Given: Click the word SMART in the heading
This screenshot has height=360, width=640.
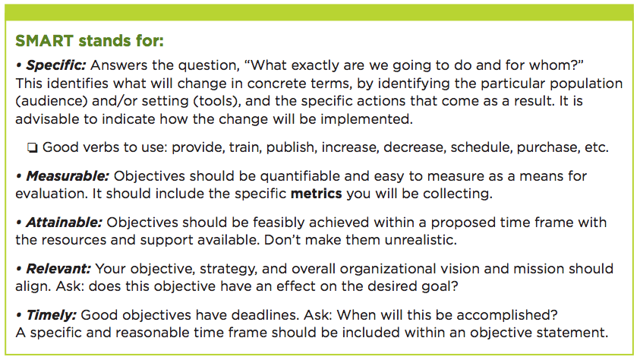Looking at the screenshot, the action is click(45, 41).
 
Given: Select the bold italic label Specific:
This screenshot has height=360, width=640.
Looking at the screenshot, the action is click(56, 65).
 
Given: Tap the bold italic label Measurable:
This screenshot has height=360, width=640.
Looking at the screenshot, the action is click(68, 176).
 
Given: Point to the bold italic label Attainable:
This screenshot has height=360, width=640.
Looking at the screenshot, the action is click(64, 222).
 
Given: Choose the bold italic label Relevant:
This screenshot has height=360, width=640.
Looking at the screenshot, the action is click(58, 269).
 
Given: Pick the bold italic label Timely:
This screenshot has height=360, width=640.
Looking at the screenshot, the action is click(52, 314).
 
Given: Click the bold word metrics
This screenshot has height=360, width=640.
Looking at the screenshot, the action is click(317, 194).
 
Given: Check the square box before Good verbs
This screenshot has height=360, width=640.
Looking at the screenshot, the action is click(32, 147).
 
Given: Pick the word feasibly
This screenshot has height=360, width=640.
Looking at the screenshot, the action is click(279, 223).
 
